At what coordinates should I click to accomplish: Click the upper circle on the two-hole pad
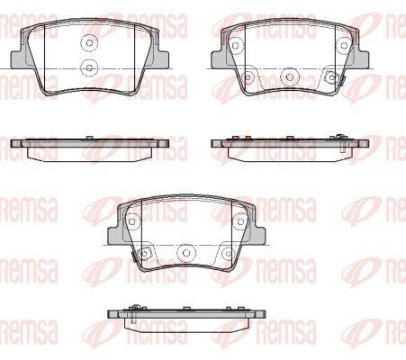click(x=89, y=43)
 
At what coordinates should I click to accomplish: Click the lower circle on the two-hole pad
click(x=89, y=67)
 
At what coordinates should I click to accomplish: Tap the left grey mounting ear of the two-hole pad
click(x=19, y=59)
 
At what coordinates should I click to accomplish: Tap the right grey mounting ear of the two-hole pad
click(x=161, y=59)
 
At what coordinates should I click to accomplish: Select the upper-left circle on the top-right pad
click(x=236, y=46)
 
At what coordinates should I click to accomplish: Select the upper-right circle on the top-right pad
click(x=344, y=46)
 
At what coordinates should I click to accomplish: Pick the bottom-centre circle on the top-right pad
click(x=290, y=77)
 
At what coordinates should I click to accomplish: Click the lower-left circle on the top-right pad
click(x=248, y=77)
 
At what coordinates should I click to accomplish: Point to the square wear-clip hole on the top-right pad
click(x=332, y=77)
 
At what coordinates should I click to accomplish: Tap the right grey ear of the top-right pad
click(x=362, y=59)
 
